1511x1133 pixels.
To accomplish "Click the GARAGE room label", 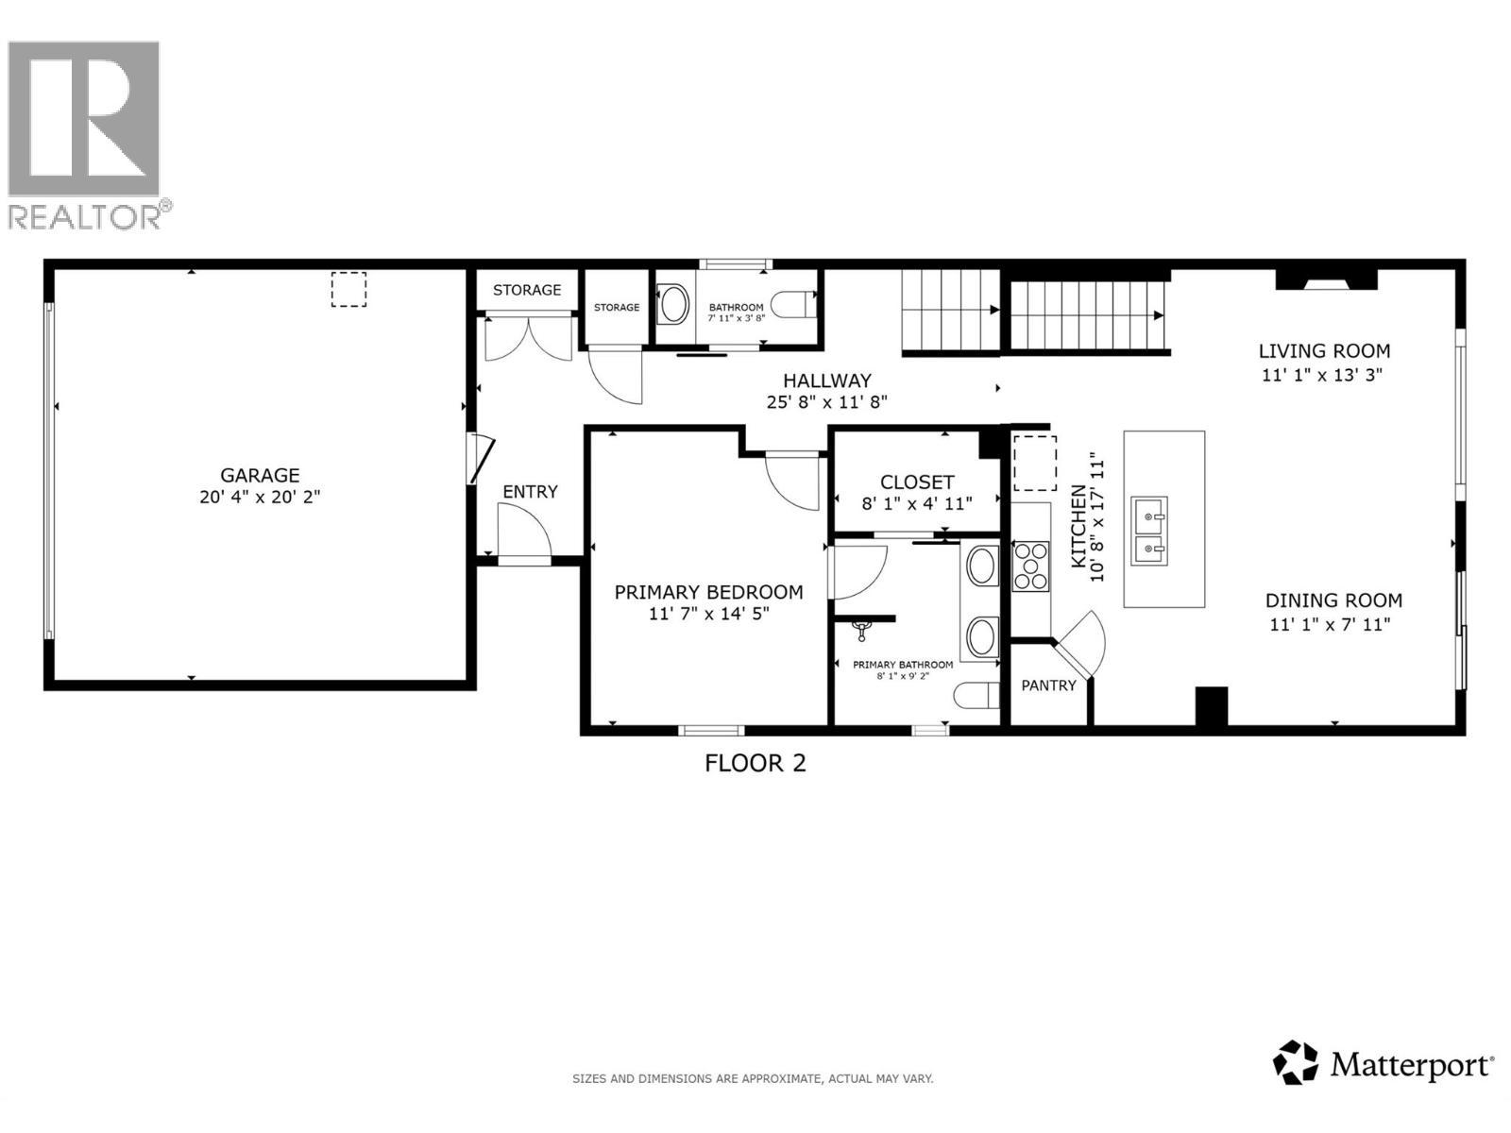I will [260, 475].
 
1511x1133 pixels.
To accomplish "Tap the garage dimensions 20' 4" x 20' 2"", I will [260, 498].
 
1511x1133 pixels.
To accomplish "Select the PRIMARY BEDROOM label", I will [708, 592].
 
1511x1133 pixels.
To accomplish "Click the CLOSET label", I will [917, 482].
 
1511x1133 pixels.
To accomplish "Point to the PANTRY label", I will [1048, 685].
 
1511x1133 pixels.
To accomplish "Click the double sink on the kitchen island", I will [1149, 532].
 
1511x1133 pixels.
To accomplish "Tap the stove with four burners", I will [1030, 566].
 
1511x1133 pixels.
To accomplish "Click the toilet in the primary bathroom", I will [976, 697].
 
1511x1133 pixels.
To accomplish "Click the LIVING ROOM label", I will [1324, 351].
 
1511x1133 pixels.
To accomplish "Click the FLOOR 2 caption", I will [755, 763].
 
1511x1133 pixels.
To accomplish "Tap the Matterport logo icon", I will [1296, 1062].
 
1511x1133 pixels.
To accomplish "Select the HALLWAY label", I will [826, 380].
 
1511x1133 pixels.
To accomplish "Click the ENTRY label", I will [530, 492].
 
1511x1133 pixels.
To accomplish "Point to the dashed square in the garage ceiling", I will [348, 290].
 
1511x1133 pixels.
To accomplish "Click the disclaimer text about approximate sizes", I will [753, 1078].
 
